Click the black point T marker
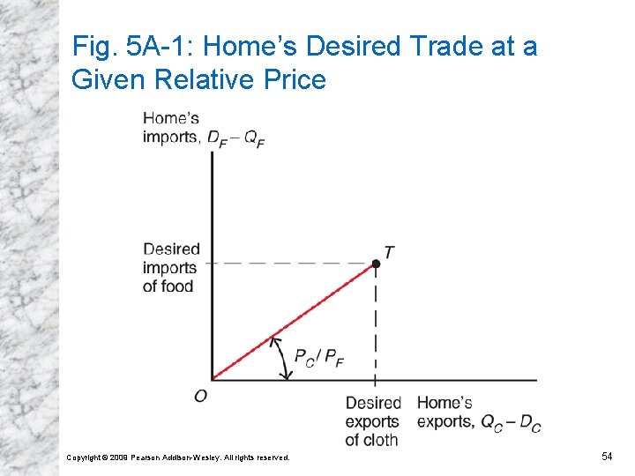coord(376,264)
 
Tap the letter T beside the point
coord(389,253)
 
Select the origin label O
coord(201,396)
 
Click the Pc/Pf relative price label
coord(318,357)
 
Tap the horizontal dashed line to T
coord(291,263)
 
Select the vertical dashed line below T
coord(376,326)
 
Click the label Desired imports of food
coord(171,267)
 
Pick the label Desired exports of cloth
coord(372,421)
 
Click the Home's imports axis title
coord(203,128)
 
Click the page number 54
coord(607,456)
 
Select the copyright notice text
coord(178,457)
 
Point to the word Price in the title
coord(295,80)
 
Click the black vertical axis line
coord(213,264)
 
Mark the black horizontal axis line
coord(441,381)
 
